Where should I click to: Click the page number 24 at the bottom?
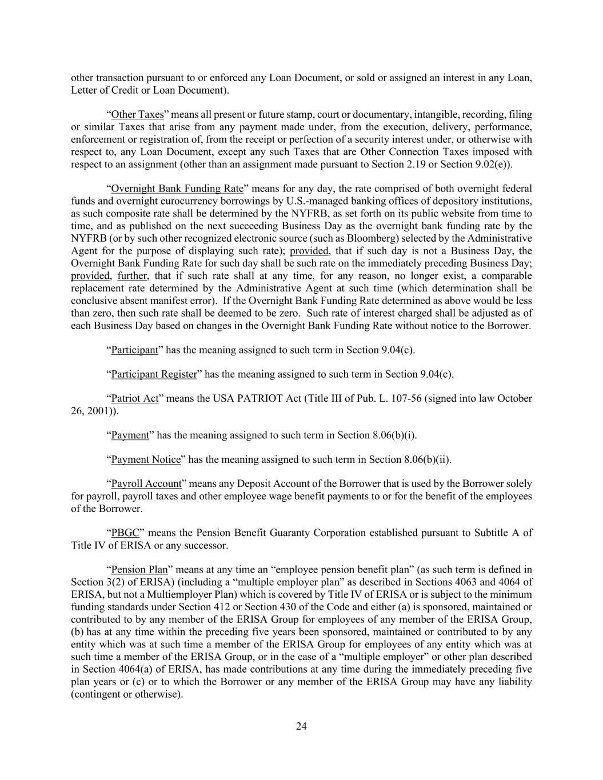pos(301,726)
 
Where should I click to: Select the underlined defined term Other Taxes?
pos(137,114)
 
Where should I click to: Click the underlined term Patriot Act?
pos(134,398)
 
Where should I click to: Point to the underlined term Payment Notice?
pos(145,459)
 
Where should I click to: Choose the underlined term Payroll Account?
pos(146,483)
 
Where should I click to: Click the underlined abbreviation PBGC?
pos(125,533)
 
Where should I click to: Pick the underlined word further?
pos(133,275)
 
